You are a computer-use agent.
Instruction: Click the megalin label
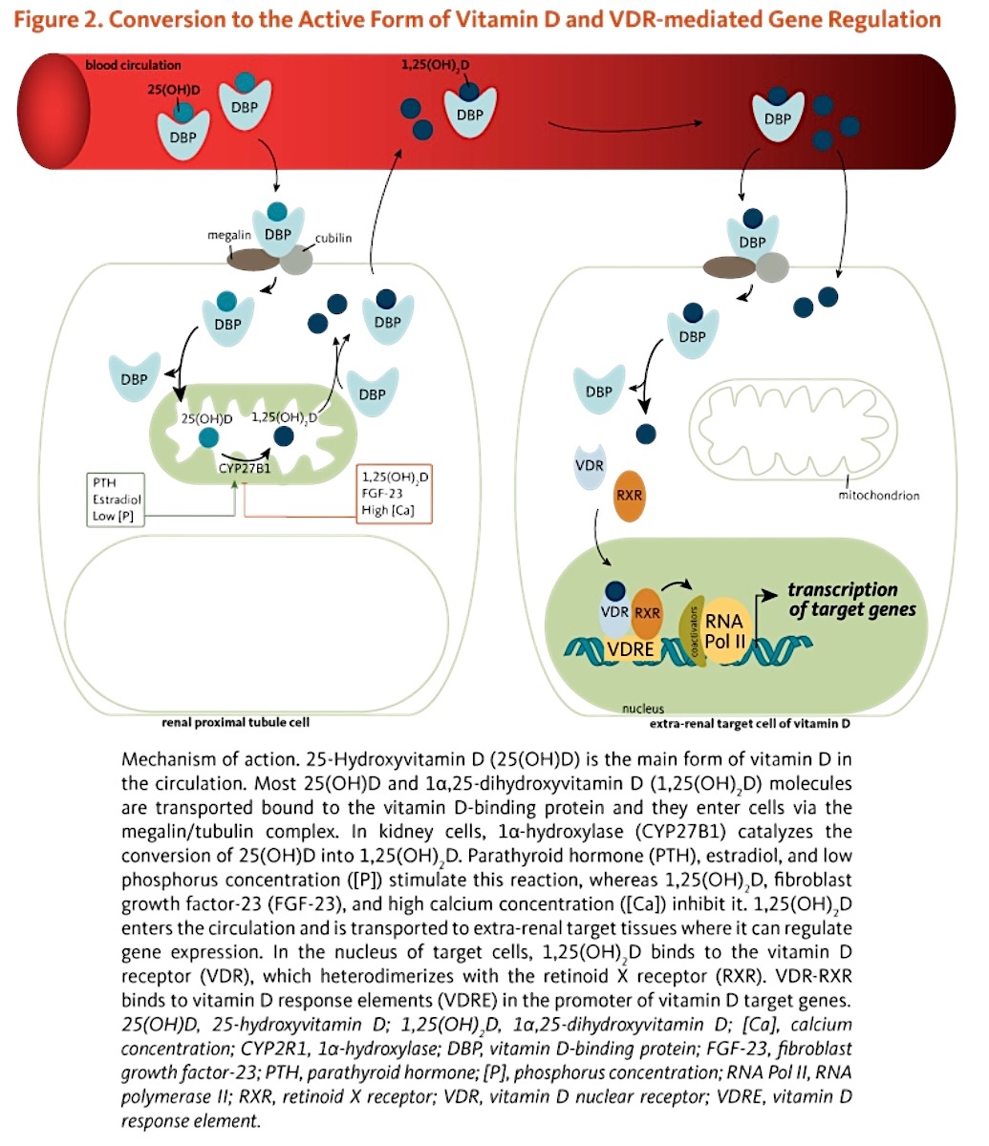(229, 235)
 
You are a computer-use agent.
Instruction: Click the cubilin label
(333, 238)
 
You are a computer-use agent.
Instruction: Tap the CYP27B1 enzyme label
(245, 469)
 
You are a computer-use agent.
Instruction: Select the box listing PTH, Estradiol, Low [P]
(116, 499)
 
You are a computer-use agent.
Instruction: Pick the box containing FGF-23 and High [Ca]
(394, 494)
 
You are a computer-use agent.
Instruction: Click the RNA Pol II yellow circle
(726, 631)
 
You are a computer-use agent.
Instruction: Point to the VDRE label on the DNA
(630, 648)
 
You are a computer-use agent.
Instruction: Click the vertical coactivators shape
(692, 631)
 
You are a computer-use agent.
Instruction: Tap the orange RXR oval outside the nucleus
(629, 496)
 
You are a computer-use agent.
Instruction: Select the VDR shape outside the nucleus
(589, 466)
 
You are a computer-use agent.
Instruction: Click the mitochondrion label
(878, 496)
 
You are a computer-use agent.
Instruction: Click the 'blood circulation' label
(133, 66)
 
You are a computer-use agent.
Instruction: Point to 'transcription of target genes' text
(851, 600)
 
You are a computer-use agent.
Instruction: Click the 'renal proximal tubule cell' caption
(235, 722)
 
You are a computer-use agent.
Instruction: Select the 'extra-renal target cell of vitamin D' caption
(749, 724)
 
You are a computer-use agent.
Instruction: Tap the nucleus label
(643, 709)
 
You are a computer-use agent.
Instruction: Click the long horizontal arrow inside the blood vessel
(625, 129)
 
